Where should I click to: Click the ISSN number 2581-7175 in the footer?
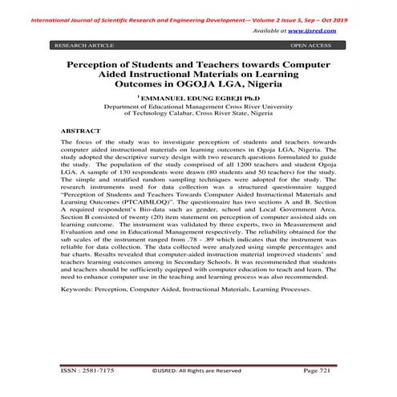coord(97,370)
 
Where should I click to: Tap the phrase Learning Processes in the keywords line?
coord(276,306)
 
